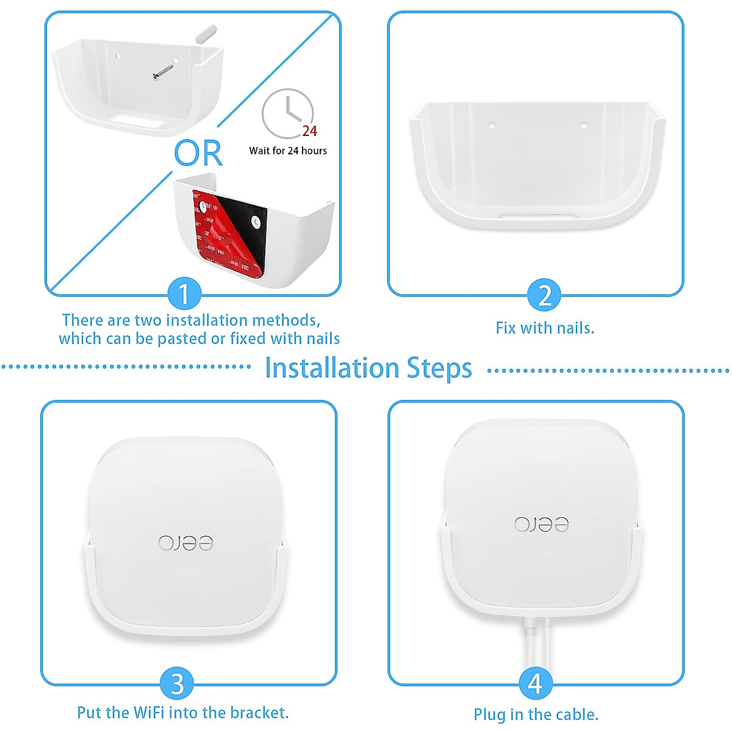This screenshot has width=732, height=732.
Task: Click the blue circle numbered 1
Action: (184, 294)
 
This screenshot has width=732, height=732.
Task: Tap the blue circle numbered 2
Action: (544, 295)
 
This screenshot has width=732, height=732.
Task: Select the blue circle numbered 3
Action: (177, 684)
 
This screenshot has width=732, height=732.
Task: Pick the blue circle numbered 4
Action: (535, 684)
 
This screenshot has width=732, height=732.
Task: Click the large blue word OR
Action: (198, 153)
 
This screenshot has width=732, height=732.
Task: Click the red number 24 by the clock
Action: (310, 131)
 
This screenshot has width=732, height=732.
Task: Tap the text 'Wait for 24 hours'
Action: (288, 151)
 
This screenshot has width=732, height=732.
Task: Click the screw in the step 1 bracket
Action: (162, 71)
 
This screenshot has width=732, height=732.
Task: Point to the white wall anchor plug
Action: (206, 33)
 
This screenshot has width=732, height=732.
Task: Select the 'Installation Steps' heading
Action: (368, 368)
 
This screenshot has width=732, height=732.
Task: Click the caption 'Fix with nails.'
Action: (545, 328)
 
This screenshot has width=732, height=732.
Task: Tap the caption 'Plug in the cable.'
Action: (536, 714)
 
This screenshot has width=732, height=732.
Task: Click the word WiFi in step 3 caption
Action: (149, 712)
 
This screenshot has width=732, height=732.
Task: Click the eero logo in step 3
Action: (186, 542)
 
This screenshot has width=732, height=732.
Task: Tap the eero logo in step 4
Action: (541, 524)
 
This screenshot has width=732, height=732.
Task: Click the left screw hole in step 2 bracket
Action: (492, 126)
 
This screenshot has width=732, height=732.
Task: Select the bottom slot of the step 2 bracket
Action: (537, 216)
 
